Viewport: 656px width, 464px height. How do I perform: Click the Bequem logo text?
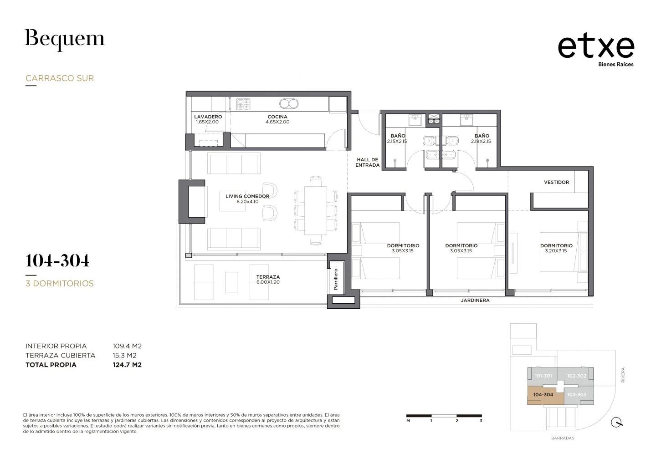64,40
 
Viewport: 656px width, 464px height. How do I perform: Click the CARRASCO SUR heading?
60,78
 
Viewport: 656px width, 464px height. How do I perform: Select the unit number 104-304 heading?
57,260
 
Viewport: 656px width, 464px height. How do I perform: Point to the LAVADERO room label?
208,117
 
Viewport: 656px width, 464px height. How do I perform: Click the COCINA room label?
277,117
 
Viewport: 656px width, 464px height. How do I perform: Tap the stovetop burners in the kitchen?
243,104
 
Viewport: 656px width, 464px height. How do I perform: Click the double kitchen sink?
289,104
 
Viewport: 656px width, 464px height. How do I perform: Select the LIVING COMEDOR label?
247,196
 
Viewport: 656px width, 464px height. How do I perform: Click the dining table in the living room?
315,210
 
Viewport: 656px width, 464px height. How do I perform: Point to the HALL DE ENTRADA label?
368,162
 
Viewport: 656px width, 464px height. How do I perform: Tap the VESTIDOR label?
556,182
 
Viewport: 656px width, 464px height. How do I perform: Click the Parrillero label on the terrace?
336,279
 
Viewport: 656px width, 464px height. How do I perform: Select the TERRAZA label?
268,277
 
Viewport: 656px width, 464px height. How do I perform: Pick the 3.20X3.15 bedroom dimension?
556,251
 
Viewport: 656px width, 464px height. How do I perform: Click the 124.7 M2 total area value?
127,365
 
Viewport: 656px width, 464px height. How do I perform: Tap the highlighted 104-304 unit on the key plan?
545,395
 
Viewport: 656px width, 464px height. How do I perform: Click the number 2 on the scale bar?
456,421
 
